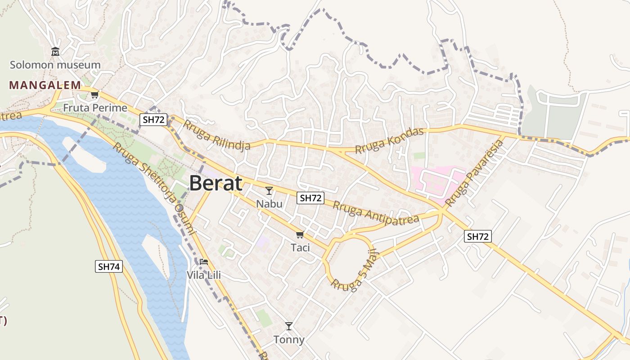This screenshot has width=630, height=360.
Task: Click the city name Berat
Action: (216, 184)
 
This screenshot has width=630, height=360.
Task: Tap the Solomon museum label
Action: (55, 65)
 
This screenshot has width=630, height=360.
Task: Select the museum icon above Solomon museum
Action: (55, 52)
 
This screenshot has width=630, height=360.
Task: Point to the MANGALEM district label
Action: (45, 85)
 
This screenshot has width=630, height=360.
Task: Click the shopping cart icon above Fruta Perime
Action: (94, 95)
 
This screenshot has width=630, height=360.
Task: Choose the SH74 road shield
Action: (109, 266)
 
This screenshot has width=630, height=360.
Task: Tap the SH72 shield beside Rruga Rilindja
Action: (154, 120)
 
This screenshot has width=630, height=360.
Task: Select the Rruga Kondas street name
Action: (390, 140)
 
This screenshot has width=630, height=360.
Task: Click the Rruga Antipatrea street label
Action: (376, 214)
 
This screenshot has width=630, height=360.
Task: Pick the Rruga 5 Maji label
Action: (355, 270)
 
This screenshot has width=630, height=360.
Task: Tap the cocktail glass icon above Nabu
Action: (269, 191)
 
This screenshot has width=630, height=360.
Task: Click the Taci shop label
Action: (300, 247)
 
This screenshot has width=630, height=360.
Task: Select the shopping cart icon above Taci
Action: (300, 234)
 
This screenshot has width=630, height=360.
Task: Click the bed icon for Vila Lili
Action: (204, 261)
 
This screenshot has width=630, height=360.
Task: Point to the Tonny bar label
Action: (289, 340)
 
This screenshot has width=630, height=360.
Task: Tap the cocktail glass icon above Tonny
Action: (289, 326)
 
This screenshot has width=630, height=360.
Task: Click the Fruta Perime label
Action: (95, 108)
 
